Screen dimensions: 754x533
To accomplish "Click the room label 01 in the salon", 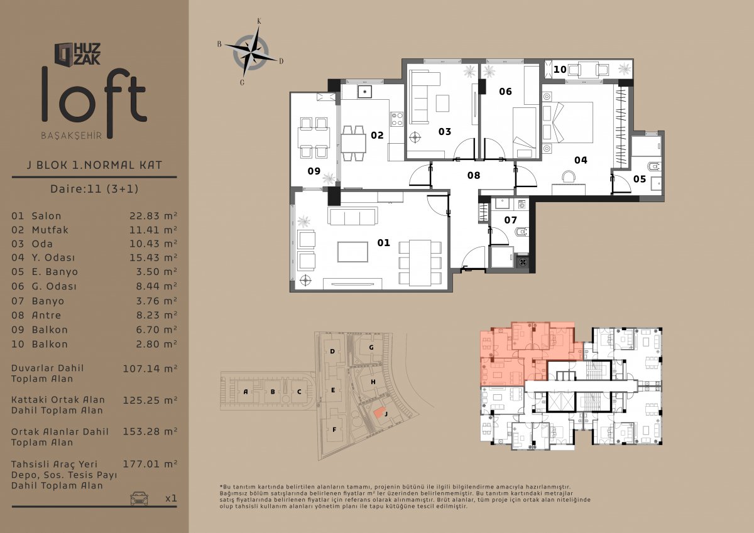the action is [x=383, y=242].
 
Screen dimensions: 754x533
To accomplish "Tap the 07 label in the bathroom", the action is [x=510, y=220].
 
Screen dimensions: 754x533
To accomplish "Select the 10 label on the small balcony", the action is [x=560, y=69].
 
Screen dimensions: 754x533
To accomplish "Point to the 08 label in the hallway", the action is [x=474, y=175].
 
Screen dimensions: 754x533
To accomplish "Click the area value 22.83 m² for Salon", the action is [x=153, y=215].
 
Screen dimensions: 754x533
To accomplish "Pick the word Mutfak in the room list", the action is [x=50, y=230].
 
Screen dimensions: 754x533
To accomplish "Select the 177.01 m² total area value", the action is [x=150, y=464].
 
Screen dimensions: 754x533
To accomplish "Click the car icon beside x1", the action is [x=139, y=498].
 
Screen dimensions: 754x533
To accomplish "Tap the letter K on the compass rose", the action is [x=259, y=21].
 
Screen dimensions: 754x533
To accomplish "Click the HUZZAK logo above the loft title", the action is [x=77, y=54].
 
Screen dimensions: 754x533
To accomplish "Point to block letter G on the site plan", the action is [x=371, y=347].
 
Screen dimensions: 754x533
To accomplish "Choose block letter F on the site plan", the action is [x=334, y=429].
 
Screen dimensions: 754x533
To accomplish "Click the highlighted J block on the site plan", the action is [x=380, y=412].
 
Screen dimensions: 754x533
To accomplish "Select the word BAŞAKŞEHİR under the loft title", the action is [x=72, y=136].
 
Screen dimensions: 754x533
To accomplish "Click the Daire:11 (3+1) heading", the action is [x=94, y=188].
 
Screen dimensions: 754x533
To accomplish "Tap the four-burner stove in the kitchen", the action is [x=397, y=119].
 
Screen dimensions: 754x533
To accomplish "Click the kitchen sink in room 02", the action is [x=364, y=92].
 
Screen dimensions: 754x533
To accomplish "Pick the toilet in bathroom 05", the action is [x=654, y=166].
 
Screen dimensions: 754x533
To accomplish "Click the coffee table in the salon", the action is [x=352, y=252].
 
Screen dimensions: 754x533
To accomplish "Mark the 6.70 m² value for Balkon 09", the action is [x=156, y=330].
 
